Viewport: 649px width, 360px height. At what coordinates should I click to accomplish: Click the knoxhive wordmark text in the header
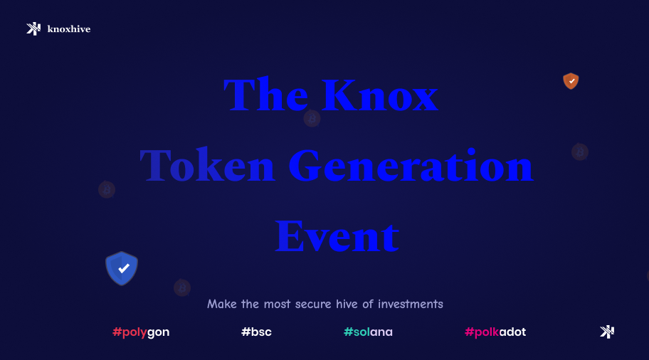tap(68, 29)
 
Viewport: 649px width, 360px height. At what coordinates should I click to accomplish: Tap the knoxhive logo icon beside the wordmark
tap(33, 28)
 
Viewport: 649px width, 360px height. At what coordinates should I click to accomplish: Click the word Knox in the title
tap(379, 95)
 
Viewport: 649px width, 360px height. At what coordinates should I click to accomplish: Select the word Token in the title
tap(207, 166)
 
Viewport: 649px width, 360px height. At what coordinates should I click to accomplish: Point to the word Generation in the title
tap(411, 166)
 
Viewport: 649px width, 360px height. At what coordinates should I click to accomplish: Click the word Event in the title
tap(336, 236)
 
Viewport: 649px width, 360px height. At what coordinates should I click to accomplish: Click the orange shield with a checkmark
tap(571, 80)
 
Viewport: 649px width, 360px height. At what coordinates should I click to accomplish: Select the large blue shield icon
tap(122, 268)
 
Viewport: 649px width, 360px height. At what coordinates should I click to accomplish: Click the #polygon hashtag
tap(141, 332)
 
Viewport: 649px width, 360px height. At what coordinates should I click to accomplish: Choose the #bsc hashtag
tap(256, 332)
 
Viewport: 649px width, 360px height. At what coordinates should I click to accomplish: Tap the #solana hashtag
tap(368, 332)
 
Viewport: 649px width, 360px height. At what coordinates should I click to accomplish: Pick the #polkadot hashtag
tap(495, 332)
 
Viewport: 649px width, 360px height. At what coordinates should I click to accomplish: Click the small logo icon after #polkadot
tap(607, 332)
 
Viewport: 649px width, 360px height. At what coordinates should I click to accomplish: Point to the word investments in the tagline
tap(411, 305)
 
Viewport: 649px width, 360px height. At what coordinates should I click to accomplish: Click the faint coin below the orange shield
tap(580, 152)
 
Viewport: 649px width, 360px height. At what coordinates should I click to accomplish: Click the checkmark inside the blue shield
tap(124, 268)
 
